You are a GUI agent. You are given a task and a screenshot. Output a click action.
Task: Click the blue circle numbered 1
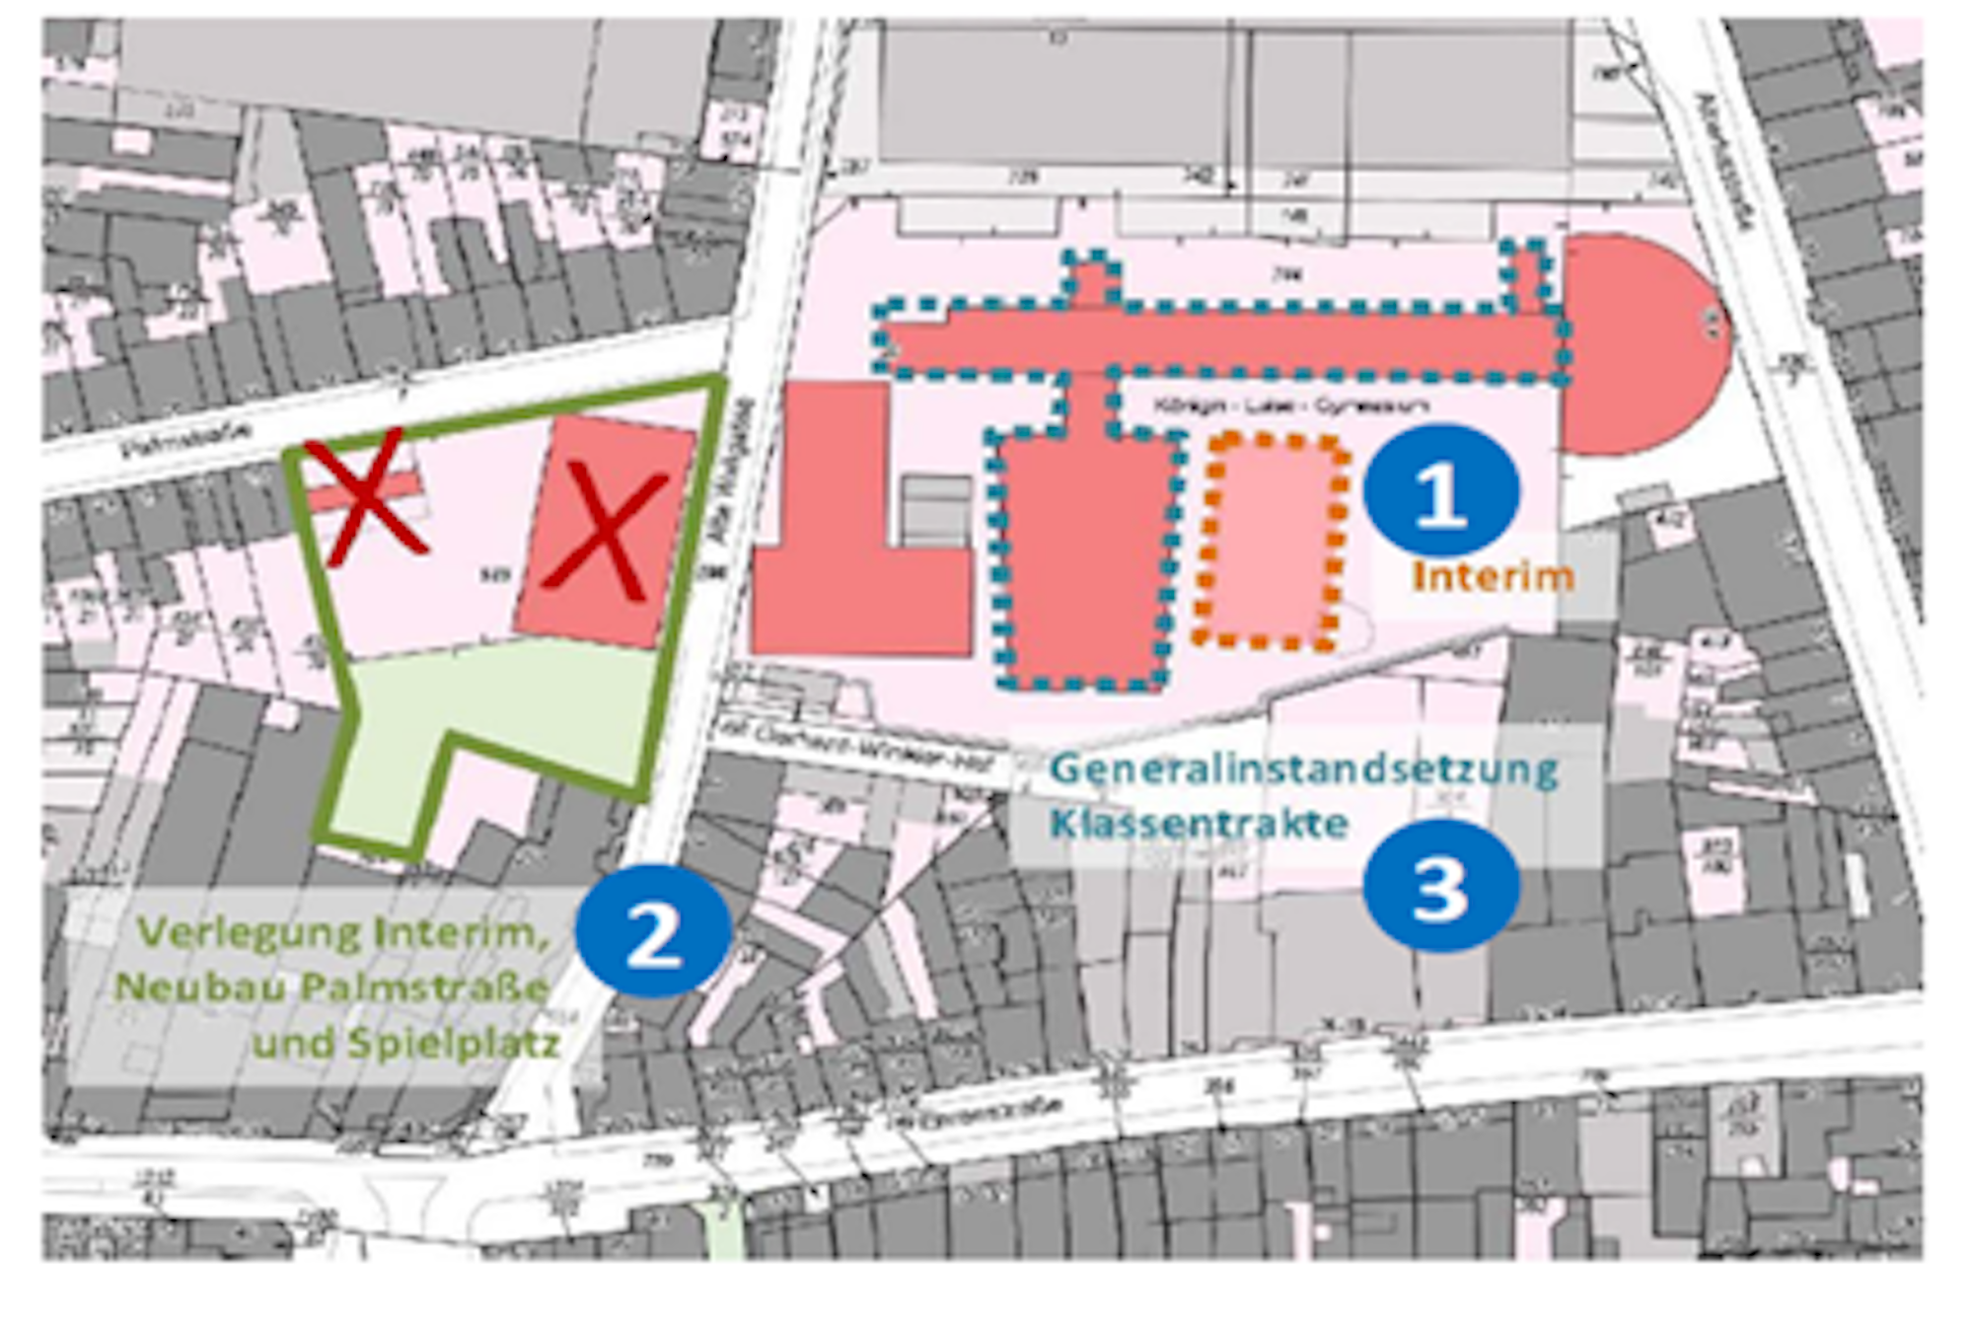[1441, 490]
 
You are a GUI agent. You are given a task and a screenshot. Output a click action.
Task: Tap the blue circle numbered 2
[653, 931]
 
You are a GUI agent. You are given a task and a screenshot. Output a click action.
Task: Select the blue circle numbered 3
[1441, 885]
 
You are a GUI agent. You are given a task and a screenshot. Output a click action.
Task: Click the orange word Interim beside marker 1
[1493, 577]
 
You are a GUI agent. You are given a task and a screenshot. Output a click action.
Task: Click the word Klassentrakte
[1199, 823]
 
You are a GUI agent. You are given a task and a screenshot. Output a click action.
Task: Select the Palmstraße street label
[185, 437]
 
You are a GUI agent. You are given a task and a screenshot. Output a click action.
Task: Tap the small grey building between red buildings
[937, 508]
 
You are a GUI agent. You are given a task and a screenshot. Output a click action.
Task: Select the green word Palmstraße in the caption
[424, 988]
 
